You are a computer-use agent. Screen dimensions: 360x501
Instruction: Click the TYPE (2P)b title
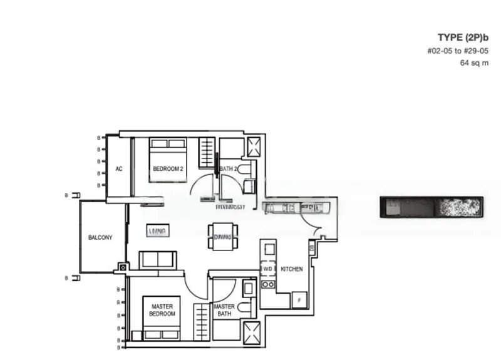(463, 37)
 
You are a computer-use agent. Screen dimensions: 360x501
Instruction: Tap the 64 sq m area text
(474, 63)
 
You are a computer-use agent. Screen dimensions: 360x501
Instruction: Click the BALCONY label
(100, 237)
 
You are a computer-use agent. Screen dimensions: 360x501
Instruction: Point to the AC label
(119, 168)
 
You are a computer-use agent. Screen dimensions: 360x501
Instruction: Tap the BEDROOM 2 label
(168, 168)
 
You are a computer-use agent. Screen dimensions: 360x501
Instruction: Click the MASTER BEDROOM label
(163, 310)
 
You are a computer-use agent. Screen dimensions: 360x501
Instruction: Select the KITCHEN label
(292, 269)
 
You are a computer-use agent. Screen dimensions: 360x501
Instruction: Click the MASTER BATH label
(224, 311)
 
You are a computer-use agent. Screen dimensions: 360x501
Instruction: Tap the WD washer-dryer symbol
(268, 269)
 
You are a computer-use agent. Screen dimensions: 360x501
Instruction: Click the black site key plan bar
(431, 207)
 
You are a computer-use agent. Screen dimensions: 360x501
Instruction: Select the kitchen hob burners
(268, 284)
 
